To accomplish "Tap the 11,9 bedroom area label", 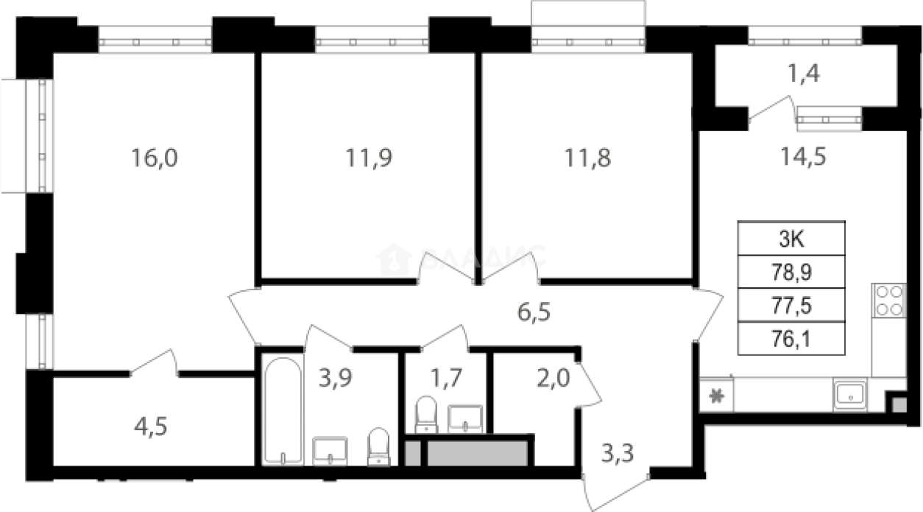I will pos(369,158).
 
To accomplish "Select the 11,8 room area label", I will pos(587,158).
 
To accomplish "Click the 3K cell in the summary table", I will pos(791,238).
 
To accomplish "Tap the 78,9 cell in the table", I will pos(791,272).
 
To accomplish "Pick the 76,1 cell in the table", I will pos(791,338).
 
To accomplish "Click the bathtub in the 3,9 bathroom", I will pos(282,410).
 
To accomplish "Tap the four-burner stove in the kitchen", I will pos(888,301).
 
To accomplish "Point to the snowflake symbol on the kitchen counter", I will pos(716,395).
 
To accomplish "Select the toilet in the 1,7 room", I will pos(426,415).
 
